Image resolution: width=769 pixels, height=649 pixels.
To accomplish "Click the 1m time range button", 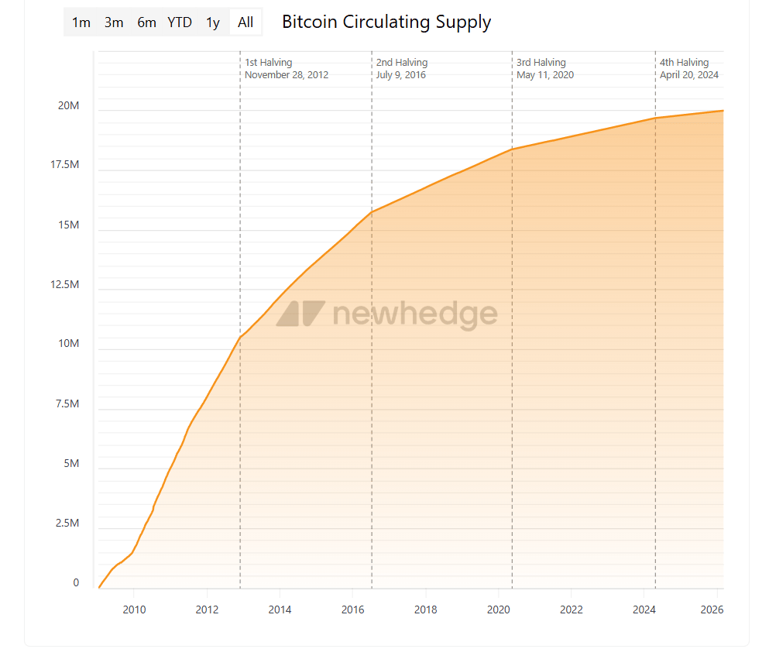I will (81, 22).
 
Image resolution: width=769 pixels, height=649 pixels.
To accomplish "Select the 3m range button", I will (114, 22).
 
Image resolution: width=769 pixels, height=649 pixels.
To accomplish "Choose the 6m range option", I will (146, 22).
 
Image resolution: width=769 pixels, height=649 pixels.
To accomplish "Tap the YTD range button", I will (180, 22).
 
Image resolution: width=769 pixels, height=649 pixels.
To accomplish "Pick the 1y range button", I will (213, 22).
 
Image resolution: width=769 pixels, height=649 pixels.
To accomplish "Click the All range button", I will (245, 22).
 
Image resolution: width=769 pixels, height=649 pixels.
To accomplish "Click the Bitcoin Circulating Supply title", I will (386, 22).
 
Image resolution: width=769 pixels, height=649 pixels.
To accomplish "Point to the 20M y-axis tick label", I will (68, 106).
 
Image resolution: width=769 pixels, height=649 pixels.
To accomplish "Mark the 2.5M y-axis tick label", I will (67, 524).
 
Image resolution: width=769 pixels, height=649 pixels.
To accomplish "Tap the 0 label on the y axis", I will (76, 583).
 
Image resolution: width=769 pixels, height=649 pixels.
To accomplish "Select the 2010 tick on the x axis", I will (134, 610).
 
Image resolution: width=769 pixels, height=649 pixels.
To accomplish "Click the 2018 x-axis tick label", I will (425, 610).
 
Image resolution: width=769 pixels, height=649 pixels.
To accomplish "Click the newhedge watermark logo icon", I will (300, 314).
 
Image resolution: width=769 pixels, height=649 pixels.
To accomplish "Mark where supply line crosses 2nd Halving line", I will (372, 211).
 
